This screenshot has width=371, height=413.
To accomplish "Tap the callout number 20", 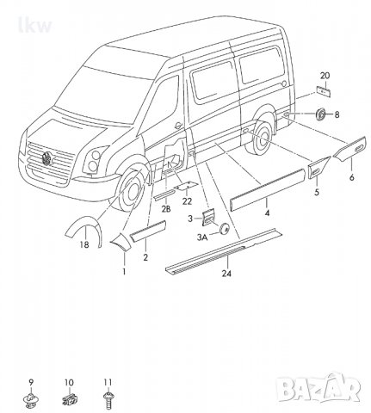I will click(325, 77).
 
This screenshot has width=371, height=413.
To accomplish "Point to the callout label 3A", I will click(202, 235).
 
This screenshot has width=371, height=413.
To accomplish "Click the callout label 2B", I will click(165, 207).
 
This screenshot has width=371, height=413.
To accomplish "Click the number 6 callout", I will click(351, 177).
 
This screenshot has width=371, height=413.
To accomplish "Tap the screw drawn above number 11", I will click(108, 398).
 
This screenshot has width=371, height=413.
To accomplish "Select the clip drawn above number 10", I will click(69, 398).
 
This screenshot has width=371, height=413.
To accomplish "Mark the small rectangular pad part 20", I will click(325, 91).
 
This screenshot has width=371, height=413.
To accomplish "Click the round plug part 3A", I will click(225, 227).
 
